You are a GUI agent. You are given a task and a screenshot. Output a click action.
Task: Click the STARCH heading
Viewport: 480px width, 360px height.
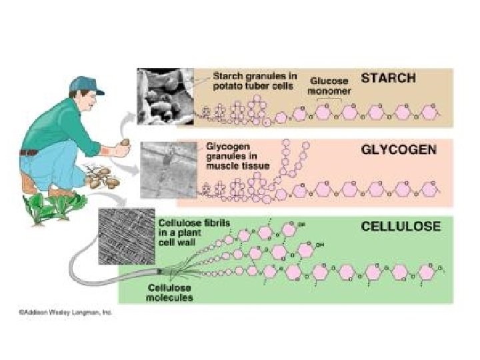tap(388, 78)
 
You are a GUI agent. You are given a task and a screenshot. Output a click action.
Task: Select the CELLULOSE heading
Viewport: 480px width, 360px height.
tap(401, 226)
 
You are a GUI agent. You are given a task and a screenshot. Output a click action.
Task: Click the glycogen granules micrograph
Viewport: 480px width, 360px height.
tap(168, 169)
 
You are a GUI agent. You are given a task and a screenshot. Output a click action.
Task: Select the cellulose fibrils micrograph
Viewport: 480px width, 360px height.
tap(125, 234)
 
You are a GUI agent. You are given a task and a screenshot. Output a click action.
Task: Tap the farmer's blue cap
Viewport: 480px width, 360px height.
tap(86, 83)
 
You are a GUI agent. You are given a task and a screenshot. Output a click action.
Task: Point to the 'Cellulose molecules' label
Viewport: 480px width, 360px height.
tap(170, 291)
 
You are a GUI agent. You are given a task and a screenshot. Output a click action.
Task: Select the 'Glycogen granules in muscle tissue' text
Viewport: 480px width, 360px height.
tap(237, 155)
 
